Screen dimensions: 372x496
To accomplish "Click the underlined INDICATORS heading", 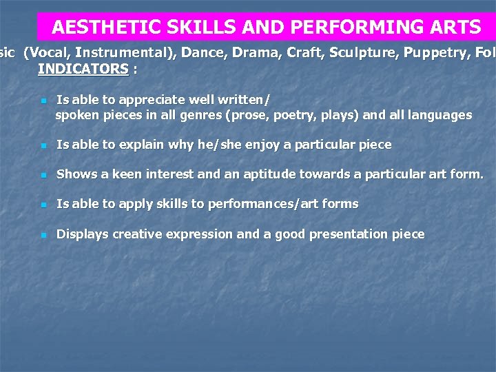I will (83, 69).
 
